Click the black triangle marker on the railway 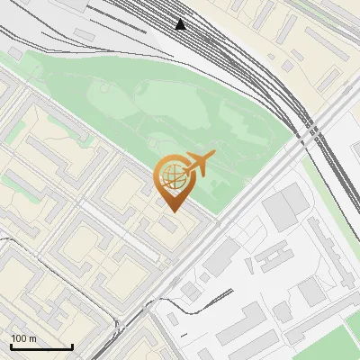181,24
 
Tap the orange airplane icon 199,164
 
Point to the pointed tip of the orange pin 170,211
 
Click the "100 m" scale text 23,338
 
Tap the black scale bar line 41,346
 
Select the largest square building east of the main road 283,206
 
